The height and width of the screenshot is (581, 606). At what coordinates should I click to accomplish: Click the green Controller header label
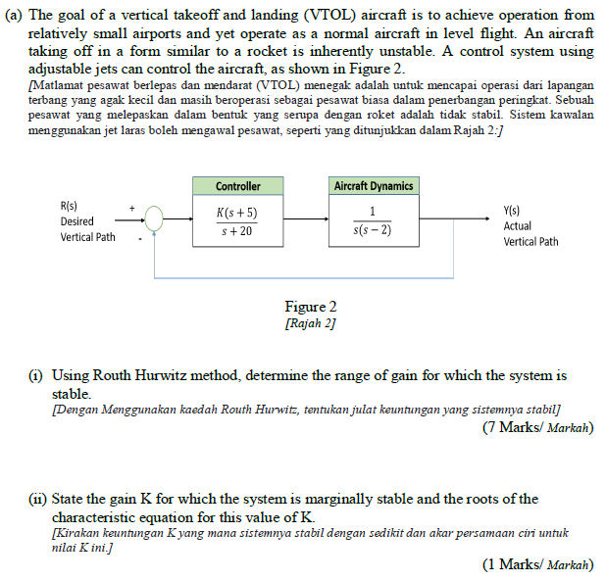point(238,186)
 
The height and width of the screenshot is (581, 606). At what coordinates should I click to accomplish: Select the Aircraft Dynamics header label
point(374,186)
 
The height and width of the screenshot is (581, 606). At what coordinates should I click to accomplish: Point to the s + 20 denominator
point(238,231)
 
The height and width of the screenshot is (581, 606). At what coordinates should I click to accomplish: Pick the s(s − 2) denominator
point(373,231)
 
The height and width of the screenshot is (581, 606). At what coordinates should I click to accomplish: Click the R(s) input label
point(70,206)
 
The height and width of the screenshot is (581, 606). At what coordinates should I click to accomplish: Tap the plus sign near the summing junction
point(131,209)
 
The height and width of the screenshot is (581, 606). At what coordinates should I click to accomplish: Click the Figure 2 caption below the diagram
point(304,307)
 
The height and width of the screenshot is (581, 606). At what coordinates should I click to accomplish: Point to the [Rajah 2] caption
point(304,322)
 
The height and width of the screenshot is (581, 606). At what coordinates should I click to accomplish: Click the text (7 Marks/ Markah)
point(537,427)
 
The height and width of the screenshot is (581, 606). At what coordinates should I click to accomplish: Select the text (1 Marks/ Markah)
point(537,564)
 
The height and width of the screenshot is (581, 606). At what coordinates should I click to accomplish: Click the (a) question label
point(18,15)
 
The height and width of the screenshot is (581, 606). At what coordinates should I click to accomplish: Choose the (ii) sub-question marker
point(35,500)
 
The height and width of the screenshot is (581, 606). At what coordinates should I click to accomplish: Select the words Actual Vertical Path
point(530,233)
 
